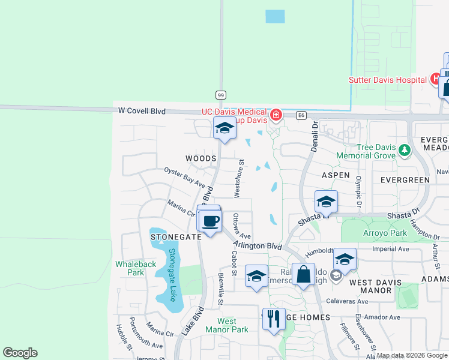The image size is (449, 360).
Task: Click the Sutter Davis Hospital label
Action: [388, 80]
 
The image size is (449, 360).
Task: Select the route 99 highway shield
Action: [221, 95]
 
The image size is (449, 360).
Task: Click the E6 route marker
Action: [301, 115]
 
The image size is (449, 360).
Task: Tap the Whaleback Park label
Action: [129, 268]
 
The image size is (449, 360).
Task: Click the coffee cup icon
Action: [210, 221]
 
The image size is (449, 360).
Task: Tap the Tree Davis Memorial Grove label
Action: [364, 152]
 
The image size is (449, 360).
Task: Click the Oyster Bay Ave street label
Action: [185, 178]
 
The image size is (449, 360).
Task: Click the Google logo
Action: [20, 353]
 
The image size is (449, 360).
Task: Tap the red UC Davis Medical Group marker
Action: [276, 114]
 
